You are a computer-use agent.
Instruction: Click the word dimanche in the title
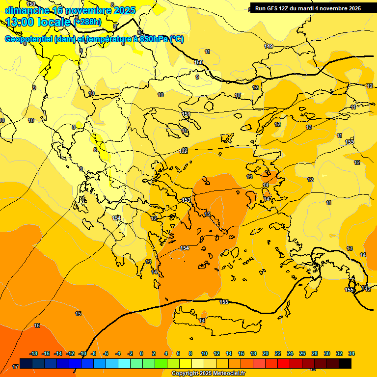(27, 10)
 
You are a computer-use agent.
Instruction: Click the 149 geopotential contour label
(269, 46)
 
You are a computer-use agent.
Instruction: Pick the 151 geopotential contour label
(186, 114)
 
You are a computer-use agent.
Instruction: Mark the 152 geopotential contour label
(184, 151)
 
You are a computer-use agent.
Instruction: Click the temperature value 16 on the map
(37, 325)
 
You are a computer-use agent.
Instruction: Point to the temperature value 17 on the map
(15, 366)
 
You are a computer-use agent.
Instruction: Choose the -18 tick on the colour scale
(33, 353)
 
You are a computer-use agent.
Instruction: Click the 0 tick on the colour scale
(141, 353)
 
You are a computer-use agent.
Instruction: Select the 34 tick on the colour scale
(351, 353)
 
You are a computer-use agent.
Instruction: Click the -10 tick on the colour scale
(82, 353)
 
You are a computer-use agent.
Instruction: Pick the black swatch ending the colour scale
(345, 363)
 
